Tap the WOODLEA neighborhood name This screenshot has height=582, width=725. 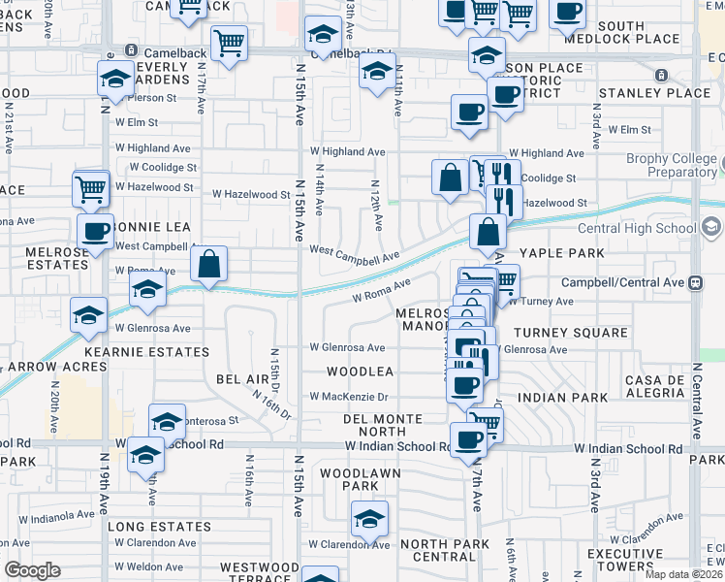360,372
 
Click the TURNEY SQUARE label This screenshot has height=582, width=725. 571,333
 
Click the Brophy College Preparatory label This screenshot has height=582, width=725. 668,165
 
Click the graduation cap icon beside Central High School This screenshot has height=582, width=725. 712,228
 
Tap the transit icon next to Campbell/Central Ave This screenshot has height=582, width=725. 695,283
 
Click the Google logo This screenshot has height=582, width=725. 32,570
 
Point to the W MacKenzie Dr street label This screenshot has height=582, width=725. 349,396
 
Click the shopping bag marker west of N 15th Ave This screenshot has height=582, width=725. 208,264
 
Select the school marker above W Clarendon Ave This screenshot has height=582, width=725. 369,518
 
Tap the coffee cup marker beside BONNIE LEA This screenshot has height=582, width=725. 96,232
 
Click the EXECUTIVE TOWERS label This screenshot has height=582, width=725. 624,559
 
